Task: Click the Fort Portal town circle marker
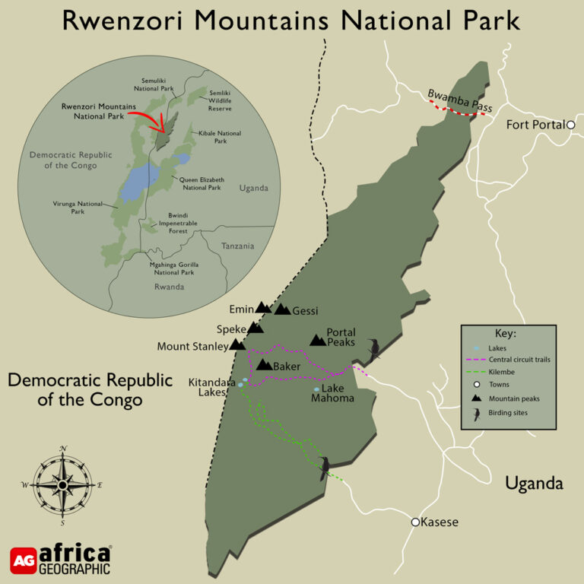570,125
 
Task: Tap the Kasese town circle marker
415,522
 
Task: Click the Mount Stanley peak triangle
237,345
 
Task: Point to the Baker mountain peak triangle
264,366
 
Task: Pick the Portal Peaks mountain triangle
317,341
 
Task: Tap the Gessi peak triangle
282,309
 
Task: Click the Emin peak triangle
262,308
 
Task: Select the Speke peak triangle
255,328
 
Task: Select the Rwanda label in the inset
169,287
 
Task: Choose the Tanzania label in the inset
238,246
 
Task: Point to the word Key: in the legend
505,334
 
